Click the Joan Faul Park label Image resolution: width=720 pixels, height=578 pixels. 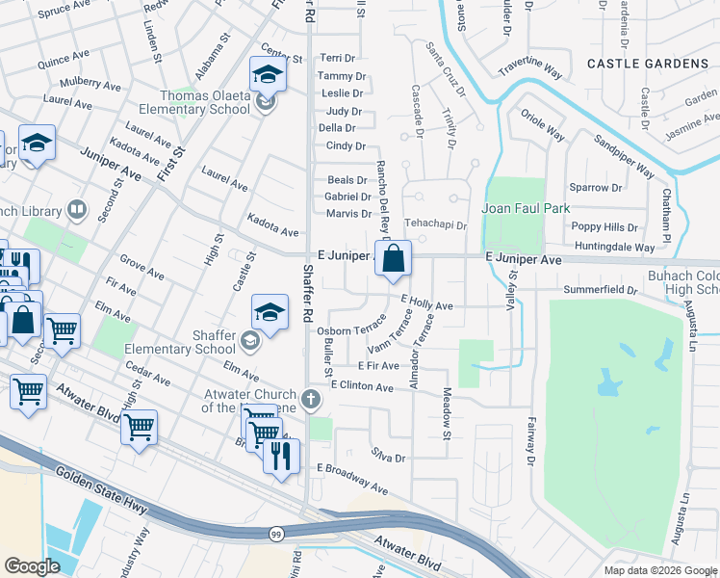(526, 208)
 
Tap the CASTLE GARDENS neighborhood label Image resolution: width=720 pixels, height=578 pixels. (648, 64)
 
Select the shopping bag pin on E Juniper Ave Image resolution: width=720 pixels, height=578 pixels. (393, 260)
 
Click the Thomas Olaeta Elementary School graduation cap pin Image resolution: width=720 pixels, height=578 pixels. (269, 75)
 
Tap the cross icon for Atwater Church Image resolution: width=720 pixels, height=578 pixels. (310, 398)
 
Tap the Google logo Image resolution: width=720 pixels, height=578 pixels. (33, 565)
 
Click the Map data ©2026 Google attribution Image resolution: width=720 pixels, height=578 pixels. (660, 570)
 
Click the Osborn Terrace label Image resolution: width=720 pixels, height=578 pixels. (351, 329)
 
